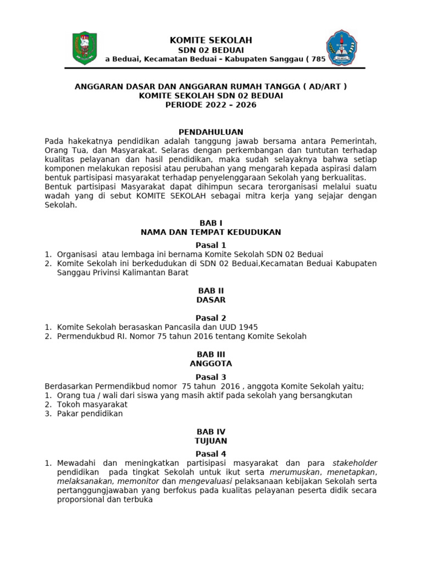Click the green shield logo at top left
84,48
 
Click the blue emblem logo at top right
341,48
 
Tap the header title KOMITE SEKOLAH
211,40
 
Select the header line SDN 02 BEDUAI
211,50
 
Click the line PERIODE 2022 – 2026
211,104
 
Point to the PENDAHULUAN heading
211,133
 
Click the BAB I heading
211,223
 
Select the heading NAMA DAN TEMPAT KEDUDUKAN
211,232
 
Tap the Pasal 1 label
211,245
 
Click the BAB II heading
211,291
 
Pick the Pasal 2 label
211,318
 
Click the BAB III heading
211,355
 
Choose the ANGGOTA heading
211,363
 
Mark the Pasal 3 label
211,377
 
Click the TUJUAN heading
211,441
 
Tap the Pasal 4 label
211,454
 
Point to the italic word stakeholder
355,463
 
